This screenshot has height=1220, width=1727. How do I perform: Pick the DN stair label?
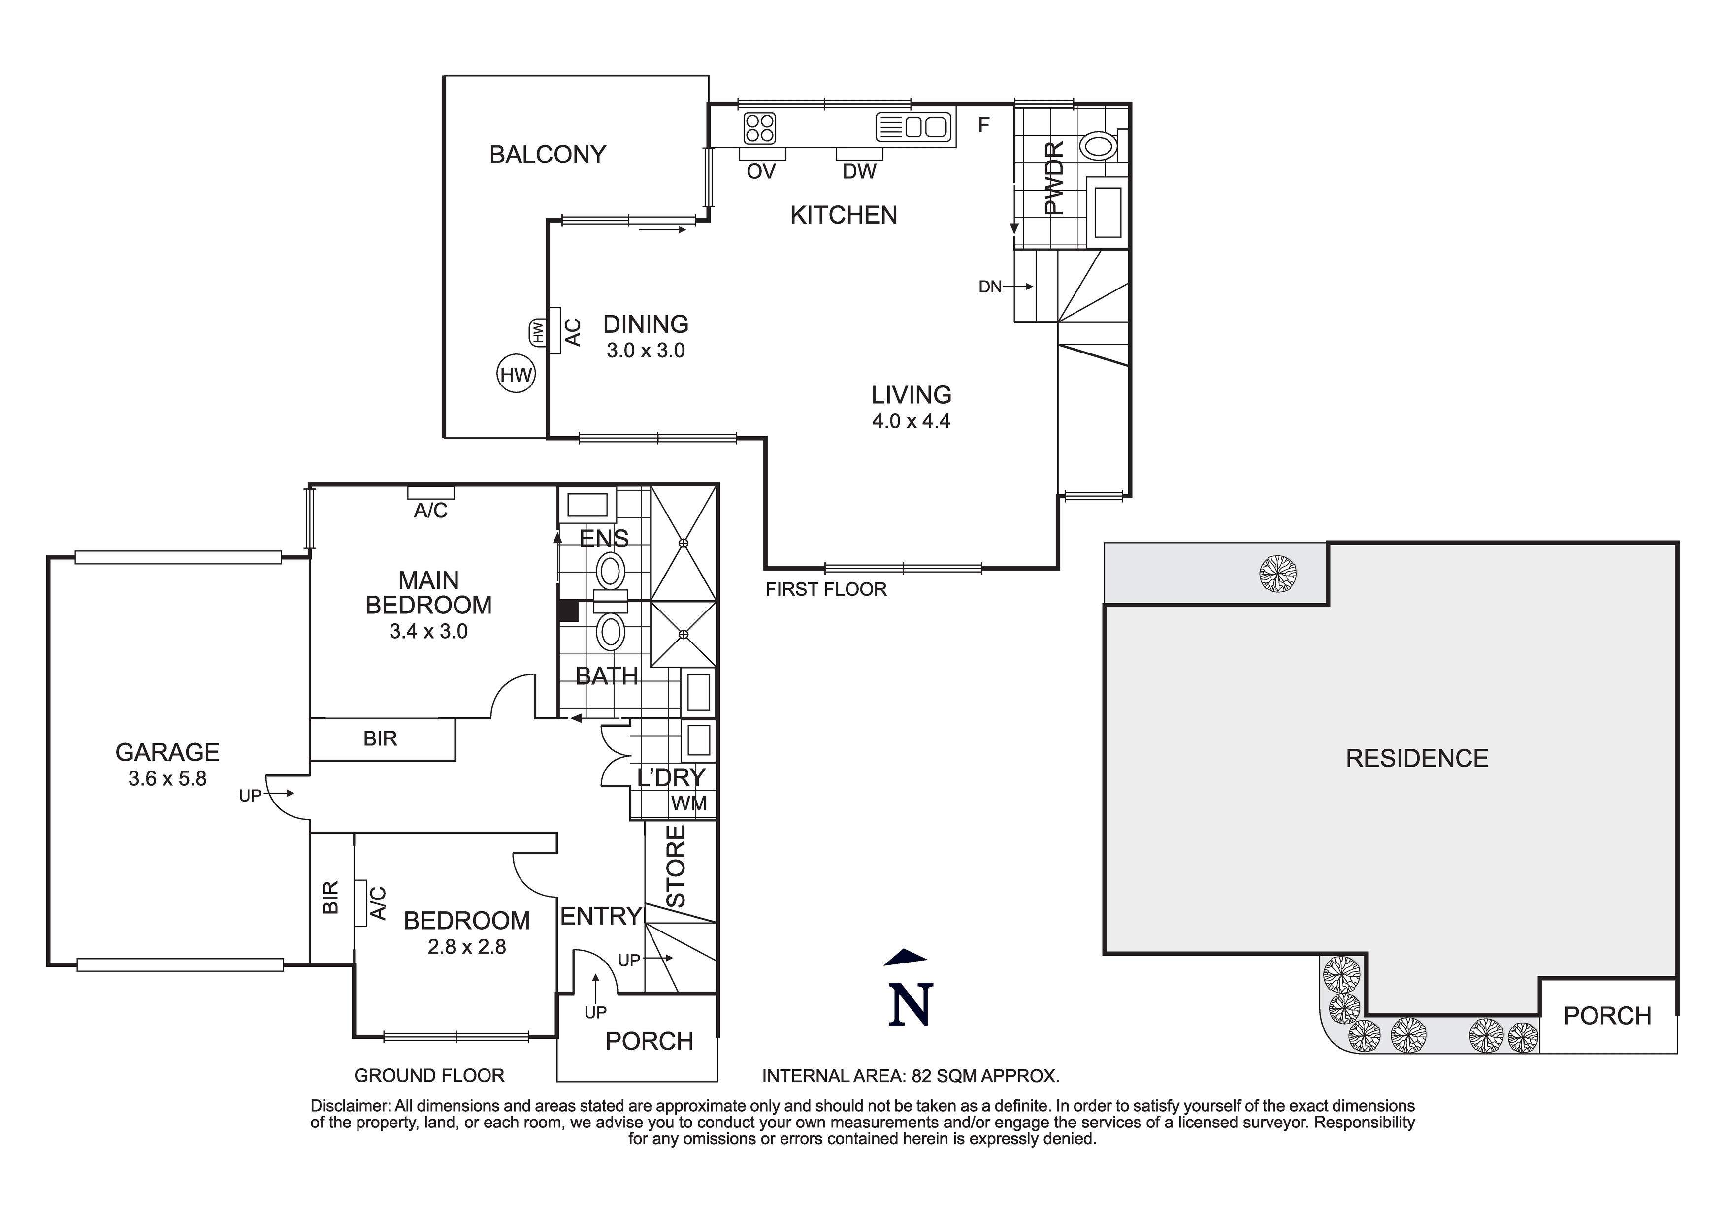click(990, 287)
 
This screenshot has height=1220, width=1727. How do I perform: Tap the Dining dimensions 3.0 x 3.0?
click(646, 351)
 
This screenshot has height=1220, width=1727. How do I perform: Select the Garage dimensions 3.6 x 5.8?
click(167, 778)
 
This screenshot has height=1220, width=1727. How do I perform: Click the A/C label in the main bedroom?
click(430, 511)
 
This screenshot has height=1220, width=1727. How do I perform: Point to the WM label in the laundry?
click(688, 804)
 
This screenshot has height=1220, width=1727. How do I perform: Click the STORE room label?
click(676, 867)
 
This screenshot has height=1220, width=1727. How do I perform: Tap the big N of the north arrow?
click(910, 1005)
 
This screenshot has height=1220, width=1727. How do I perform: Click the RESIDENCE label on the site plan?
click(1416, 758)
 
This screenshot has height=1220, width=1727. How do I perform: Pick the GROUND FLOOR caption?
click(429, 1076)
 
